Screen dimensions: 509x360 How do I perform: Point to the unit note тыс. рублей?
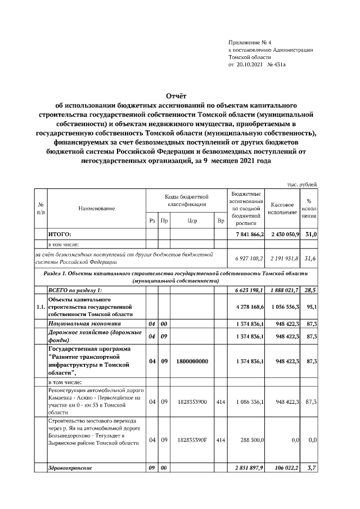303,184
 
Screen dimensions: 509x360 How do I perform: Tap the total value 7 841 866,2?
246,234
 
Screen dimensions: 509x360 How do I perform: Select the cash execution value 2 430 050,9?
285,234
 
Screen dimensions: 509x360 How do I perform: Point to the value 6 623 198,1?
246,290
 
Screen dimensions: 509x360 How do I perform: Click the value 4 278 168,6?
246,308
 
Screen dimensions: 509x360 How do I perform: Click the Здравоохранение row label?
70,467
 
